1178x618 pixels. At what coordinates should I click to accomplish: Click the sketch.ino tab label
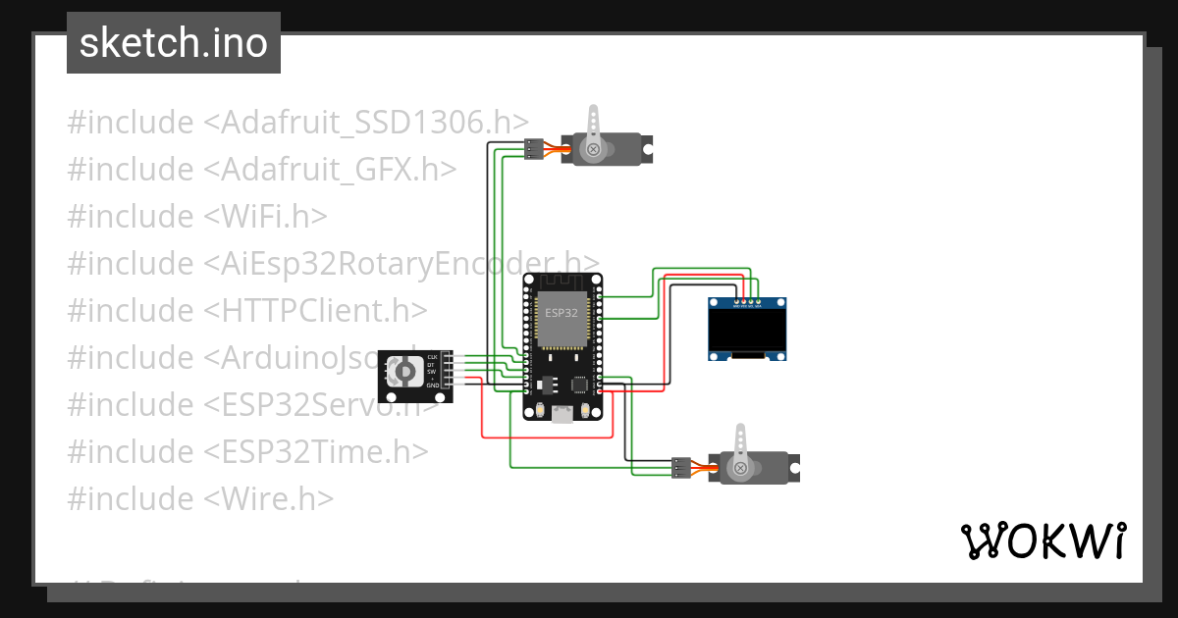pyautogui.click(x=173, y=43)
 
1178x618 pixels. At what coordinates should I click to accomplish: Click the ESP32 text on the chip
pyautogui.click(x=562, y=313)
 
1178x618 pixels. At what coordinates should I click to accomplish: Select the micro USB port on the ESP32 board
pyautogui.click(x=562, y=415)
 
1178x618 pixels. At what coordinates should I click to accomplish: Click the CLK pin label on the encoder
pyautogui.click(x=432, y=357)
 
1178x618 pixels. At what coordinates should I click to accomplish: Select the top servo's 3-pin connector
pyautogui.click(x=532, y=149)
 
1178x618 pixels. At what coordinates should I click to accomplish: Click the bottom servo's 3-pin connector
pyautogui.click(x=680, y=468)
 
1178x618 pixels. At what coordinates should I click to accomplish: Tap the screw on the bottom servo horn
pyautogui.click(x=741, y=469)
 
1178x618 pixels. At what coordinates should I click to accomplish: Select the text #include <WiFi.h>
pyautogui.click(x=197, y=216)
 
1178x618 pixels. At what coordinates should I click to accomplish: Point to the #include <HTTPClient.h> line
pyautogui.click(x=247, y=310)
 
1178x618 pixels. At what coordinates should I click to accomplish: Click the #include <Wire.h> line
pyautogui.click(x=200, y=498)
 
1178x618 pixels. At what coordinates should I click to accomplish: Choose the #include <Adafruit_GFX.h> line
pyautogui.click(x=262, y=169)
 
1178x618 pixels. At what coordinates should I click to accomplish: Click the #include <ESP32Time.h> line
pyautogui.click(x=247, y=451)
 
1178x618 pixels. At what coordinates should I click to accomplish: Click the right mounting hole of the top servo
pyautogui.click(x=647, y=149)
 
